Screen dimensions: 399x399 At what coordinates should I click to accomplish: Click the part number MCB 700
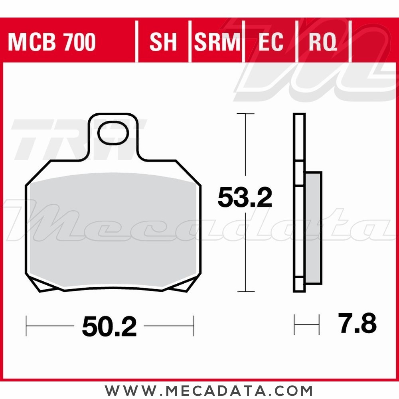pyautogui.click(x=52, y=42)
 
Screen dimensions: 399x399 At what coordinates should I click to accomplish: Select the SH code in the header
pyautogui.click(x=163, y=42)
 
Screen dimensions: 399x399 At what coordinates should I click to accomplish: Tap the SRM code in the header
pyautogui.click(x=217, y=42)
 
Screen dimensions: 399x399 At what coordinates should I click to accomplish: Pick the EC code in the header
pyautogui.click(x=271, y=42)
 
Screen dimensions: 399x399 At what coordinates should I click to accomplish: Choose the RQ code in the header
pyautogui.click(x=323, y=42)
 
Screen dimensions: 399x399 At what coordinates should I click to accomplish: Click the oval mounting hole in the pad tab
pyautogui.click(x=113, y=133)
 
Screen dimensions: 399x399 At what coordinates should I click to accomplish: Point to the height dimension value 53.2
pyautogui.click(x=245, y=198)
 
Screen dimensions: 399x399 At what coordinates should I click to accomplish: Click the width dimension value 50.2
pyautogui.click(x=109, y=327)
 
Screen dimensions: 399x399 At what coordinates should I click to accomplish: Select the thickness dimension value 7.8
pyautogui.click(x=357, y=324)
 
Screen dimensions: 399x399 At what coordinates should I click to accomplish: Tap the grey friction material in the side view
pyautogui.click(x=313, y=227)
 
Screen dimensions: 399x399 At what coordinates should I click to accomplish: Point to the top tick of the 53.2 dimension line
pyautogui.click(x=245, y=114)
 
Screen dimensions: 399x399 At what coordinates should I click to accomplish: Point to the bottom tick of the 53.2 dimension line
pyautogui.click(x=245, y=292)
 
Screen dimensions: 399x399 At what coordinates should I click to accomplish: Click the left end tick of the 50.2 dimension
pyautogui.click(x=27, y=326)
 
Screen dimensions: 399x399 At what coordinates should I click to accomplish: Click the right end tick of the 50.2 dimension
pyautogui.click(x=194, y=326)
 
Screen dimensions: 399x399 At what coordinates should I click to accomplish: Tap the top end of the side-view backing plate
pyautogui.click(x=299, y=115)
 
